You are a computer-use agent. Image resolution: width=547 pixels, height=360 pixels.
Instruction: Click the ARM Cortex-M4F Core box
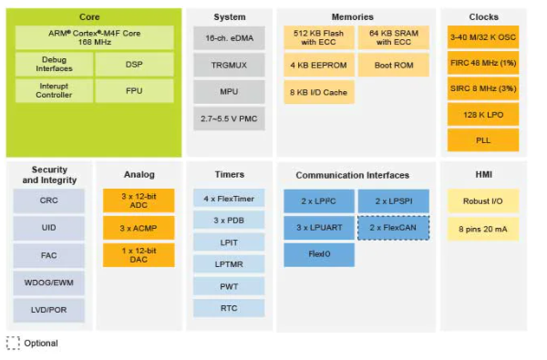95,37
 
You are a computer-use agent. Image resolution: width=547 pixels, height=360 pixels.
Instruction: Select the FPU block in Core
134,91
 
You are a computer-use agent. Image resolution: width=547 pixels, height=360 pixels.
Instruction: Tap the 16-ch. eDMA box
229,38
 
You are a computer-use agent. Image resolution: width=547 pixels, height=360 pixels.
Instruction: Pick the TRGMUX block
229,65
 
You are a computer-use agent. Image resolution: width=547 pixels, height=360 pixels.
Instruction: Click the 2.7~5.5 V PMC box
229,118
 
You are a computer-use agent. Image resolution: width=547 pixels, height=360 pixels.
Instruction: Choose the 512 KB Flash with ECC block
319,37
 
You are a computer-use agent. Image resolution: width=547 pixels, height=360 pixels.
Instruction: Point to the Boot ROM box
394,65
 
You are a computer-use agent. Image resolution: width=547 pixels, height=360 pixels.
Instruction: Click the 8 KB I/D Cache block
319,92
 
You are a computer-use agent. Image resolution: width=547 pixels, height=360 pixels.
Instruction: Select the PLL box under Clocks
483,140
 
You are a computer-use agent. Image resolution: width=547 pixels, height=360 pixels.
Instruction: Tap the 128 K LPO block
483,115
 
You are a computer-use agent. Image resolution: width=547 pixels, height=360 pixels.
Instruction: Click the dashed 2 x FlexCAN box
394,228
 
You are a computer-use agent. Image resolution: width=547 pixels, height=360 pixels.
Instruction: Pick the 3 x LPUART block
319,228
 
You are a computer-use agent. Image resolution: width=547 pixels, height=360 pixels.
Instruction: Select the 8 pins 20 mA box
483,229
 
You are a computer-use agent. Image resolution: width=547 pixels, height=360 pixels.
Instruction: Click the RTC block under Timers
229,308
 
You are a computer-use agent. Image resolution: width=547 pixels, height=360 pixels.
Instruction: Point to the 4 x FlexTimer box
229,199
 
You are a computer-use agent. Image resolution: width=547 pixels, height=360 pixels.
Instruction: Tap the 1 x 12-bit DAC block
139,255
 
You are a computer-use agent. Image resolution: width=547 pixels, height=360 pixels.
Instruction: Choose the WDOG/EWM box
49,283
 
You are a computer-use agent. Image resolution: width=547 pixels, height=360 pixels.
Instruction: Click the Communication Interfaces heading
352,175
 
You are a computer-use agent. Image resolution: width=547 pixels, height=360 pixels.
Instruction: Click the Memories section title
352,16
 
